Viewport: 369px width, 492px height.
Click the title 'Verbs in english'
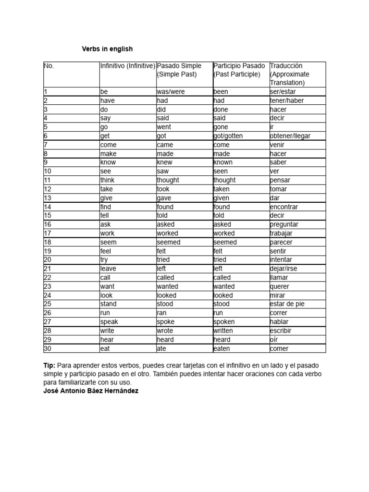[107, 49]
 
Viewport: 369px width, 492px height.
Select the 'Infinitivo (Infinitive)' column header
[127, 66]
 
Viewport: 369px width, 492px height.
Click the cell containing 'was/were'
[171, 91]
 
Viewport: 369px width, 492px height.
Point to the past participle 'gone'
[221, 127]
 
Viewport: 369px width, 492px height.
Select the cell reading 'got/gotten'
[228, 136]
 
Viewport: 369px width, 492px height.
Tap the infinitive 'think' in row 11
[107, 180]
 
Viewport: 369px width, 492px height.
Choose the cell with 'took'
[163, 189]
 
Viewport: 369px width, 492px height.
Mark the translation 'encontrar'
[284, 207]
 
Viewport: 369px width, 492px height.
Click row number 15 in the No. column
[47, 216]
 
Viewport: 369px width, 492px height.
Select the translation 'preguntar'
[284, 224]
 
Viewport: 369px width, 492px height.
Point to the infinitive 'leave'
[108, 269]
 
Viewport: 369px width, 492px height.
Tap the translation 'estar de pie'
[287, 304]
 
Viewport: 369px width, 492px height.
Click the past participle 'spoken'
[224, 322]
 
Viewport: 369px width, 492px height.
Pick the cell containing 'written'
[223, 331]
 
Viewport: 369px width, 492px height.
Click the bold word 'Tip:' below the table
[49, 366]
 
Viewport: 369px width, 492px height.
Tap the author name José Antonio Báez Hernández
[91, 391]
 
